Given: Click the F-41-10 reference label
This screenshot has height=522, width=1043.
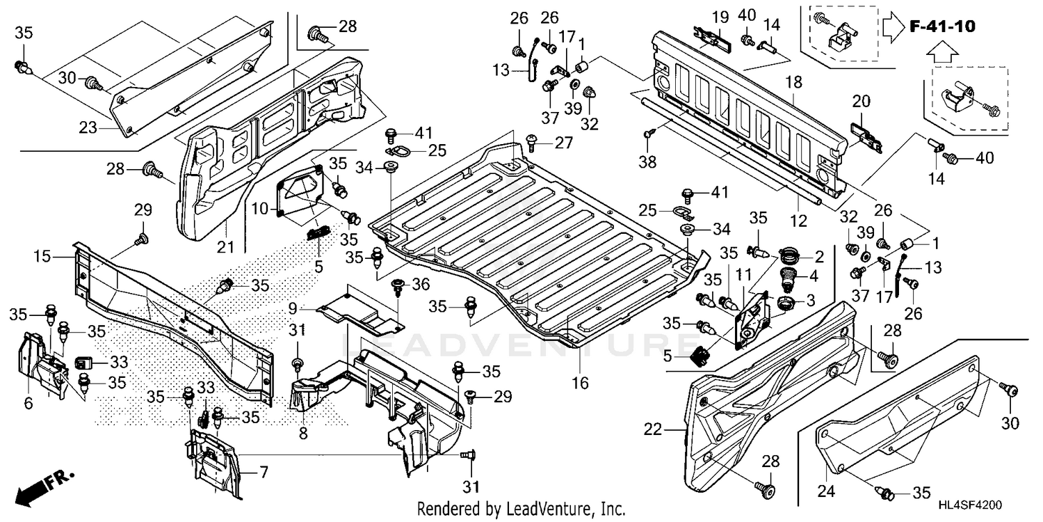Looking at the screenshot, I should tap(941, 27).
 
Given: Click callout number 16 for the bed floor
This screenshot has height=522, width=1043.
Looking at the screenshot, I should tap(580, 382).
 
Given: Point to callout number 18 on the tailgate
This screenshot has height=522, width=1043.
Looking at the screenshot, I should tap(793, 82).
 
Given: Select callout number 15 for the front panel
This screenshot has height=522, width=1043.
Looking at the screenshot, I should tap(42, 257).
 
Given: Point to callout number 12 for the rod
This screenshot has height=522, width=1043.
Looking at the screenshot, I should tap(798, 221).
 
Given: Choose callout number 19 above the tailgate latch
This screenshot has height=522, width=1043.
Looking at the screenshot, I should tap(720, 16).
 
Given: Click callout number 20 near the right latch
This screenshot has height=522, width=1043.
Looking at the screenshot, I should tap(861, 101).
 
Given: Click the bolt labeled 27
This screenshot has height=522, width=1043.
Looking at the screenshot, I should tap(534, 143).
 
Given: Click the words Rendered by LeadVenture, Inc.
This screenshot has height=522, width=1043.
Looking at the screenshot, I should tap(521, 509).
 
